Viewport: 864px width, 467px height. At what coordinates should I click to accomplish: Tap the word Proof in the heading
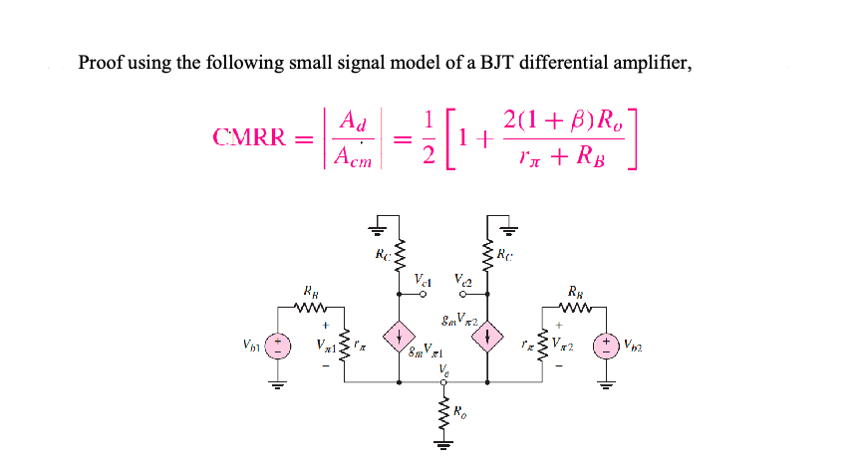pyautogui.click(x=102, y=63)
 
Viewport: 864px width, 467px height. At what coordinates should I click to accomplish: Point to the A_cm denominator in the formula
pyautogui.click(x=353, y=156)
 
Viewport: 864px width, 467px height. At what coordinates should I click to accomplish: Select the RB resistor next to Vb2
pyautogui.click(x=575, y=306)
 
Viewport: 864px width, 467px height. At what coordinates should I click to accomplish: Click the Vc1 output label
pyautogui.click(x=423, y=279)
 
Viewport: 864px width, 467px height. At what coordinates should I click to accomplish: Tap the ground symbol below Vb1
pyautogui.click(x=279, y=385)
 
